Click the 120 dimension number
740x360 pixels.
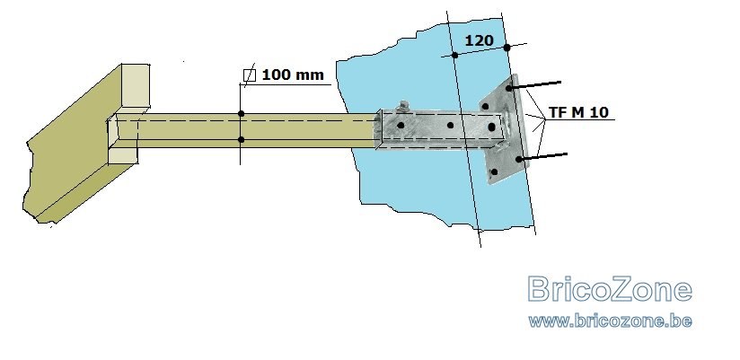click(479, 41)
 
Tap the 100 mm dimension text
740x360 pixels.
click(293, 75)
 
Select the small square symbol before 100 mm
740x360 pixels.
click(250, 75)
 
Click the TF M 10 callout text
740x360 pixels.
click(578, 112)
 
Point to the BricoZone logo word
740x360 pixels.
click(610, 289)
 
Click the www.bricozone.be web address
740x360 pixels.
click(610, 320)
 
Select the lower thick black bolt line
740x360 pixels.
click(542, 156)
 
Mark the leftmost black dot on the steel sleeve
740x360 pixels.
click(401, 126)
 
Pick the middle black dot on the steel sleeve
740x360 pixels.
click(450, 126)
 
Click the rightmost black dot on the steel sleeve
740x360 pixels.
click(491, 127)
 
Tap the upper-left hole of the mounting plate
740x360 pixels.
click(485, 106)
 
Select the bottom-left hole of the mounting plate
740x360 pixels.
click(494, 171)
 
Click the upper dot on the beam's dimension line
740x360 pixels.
click(242, 114)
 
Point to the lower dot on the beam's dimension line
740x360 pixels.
click(242, 140)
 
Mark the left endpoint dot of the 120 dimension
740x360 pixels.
click(454, 55)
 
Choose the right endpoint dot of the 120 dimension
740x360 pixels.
click(507, 48)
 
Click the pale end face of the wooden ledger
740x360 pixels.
click(136, 87)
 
